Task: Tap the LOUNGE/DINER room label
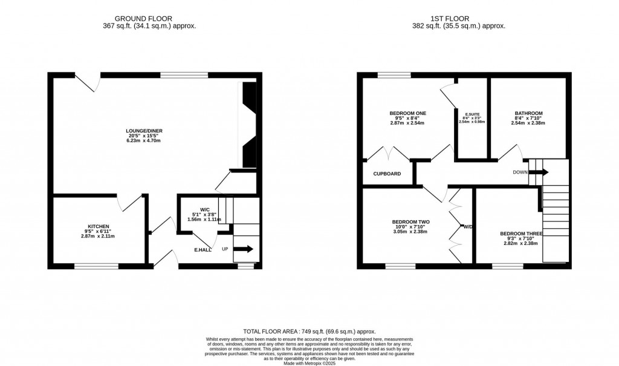tap(144, 131)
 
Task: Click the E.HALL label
tap(203, 250)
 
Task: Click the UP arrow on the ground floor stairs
tap(245, 249)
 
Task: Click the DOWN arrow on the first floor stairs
tap(539, 172)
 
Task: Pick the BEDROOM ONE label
tap(408, 113)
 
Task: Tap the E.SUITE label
tap(472, 114)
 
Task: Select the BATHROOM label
tap(528, 113)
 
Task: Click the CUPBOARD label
tap(387, 174)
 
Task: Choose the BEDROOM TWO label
tap(410, 221)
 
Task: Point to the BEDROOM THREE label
tap(521, 234)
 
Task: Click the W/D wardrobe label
tap(468, 227)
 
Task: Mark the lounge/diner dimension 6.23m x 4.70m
tap(144, 141)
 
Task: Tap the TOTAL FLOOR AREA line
tap(309, 332)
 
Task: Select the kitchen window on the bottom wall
tap(96, 266)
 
